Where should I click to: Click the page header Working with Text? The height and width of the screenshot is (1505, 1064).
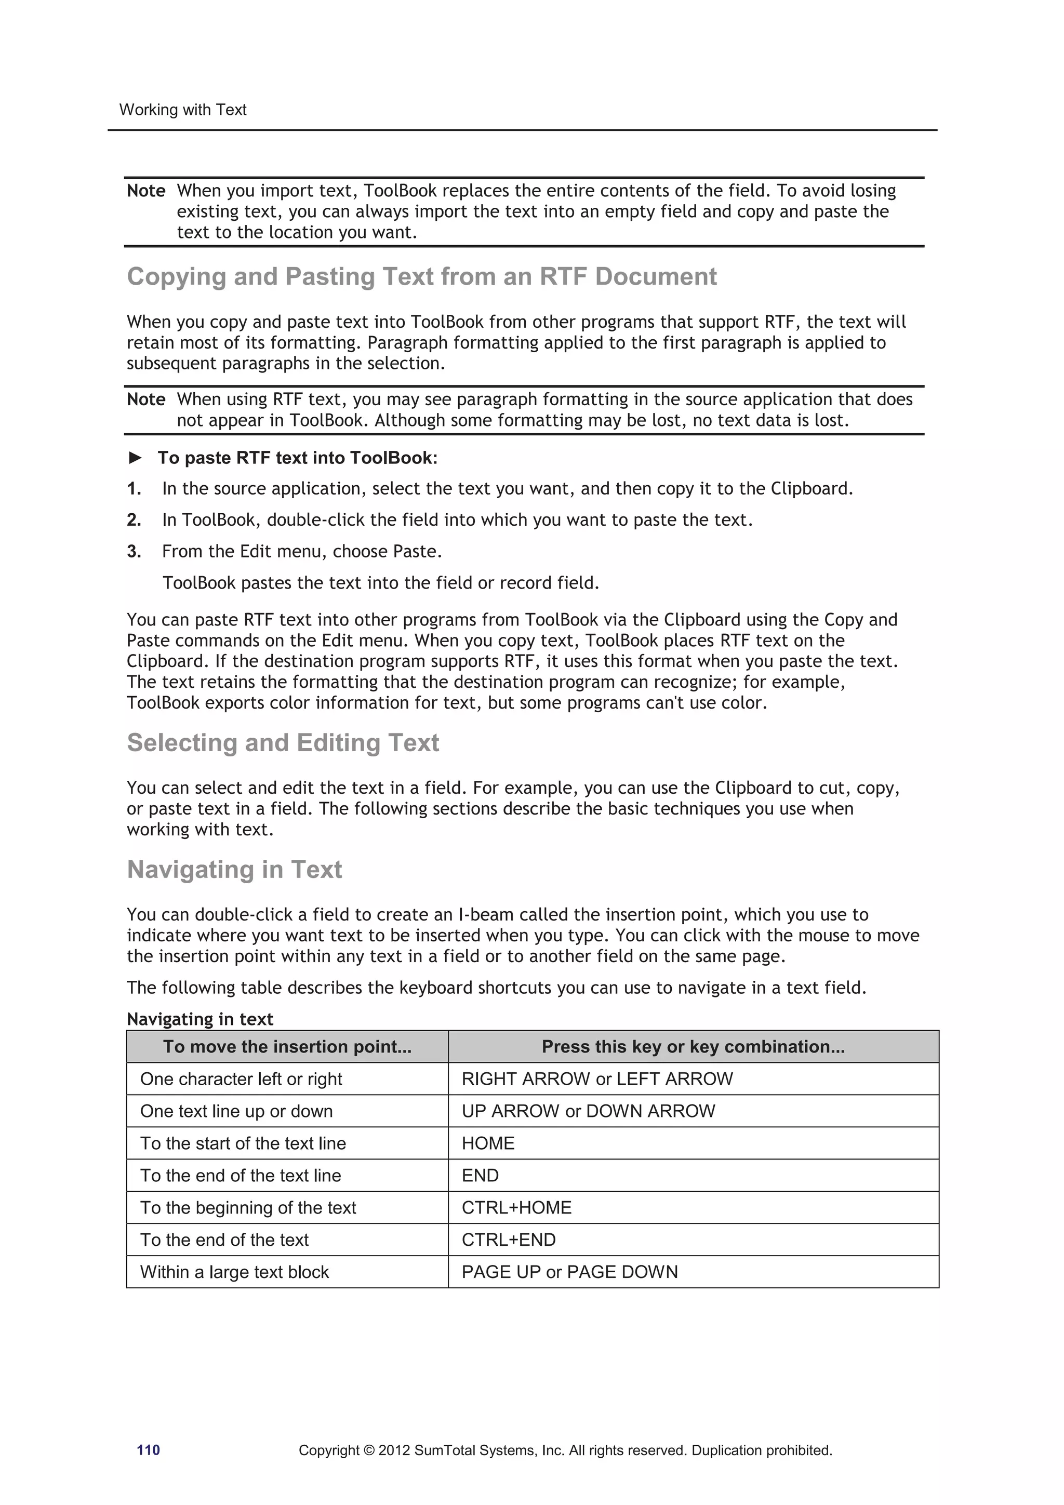click(x=182, y=110)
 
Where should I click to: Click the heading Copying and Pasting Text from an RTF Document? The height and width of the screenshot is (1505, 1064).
click(x=421, y=276)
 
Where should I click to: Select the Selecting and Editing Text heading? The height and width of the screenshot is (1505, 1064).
click(x=283, y=743)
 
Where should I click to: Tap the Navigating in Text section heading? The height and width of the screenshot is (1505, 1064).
click(x=234, y=869)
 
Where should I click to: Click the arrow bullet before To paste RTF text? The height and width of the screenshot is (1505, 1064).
click(x=135, y=458)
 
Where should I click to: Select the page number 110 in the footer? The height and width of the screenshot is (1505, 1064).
click(x=148, y=1450)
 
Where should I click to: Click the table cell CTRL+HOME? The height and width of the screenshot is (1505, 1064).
click(x=516, y=1207)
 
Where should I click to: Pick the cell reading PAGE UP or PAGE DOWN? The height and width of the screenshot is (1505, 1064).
click(x=569, y=1272)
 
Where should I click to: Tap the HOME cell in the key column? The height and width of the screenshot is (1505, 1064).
click(x=488, y=1143)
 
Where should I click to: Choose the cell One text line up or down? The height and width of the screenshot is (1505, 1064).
click(x=236, y=1111)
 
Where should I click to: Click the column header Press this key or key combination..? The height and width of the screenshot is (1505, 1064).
click(x=693, y=1046)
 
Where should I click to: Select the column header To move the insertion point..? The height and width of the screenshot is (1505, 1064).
click(x=287, y=1046)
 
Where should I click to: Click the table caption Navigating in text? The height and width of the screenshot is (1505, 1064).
click(x=200, y=1019)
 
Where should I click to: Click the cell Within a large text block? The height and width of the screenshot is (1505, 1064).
click(x=234, y=1272)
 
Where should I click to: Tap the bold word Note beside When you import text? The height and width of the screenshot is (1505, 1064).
click(x=145, y=191)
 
